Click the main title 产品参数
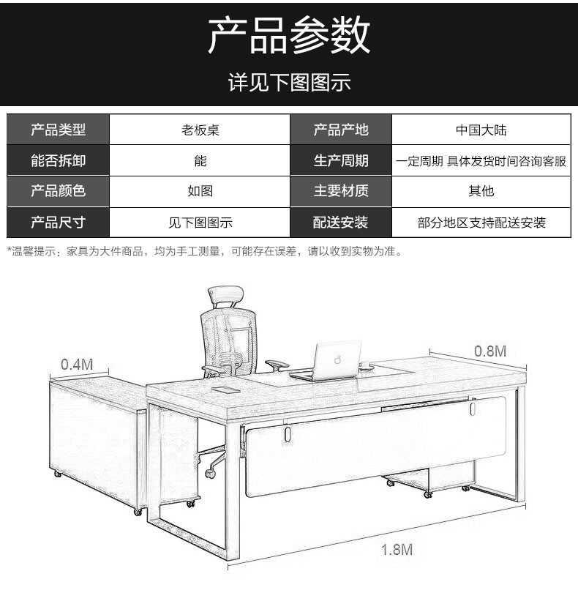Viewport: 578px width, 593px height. [x=289, y=35]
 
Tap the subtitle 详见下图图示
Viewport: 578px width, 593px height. [x=289, y=82]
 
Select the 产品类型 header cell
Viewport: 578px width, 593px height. [x=59, y=130]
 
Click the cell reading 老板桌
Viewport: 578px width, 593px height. [x=200, y=130]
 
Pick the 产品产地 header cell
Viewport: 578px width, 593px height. [x=341, y=130]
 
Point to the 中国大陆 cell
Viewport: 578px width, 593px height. [x=481, y=130]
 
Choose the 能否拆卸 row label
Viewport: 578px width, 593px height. [x=59, y=160]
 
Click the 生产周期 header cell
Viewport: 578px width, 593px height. [x=341, y=160]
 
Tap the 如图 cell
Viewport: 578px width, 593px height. [x=200, y=191]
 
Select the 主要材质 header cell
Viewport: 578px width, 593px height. [x=341, y=190]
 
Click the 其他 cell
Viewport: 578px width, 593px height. [x=481, y=191]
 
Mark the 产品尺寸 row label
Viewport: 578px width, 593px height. [x=59, y=223]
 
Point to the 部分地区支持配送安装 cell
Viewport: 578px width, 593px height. [x=481, y=223]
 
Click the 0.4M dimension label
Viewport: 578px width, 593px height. [x=77, y=364]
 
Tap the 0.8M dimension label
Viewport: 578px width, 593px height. [x=490, y=351]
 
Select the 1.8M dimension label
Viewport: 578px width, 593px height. [x=397, y=550]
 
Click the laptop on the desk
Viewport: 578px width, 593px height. [x=326, y=360]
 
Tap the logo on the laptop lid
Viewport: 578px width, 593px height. [x=337, y=359]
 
